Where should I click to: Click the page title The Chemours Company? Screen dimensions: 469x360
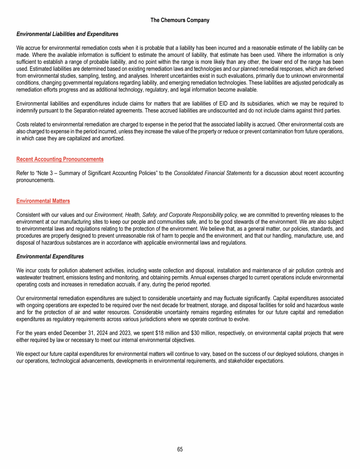click(180, 20)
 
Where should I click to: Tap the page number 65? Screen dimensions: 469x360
click(180, 449)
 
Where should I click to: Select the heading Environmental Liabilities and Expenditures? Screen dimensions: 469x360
click(67, 34)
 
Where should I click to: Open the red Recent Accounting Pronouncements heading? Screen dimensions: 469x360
click(60, 159)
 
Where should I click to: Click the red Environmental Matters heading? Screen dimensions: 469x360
click(43, 201)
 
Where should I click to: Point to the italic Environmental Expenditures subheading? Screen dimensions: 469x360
click(50, 257)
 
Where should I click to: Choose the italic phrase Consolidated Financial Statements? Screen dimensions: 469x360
click(212, 174)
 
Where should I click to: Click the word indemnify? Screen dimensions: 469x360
click(30, 110)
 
